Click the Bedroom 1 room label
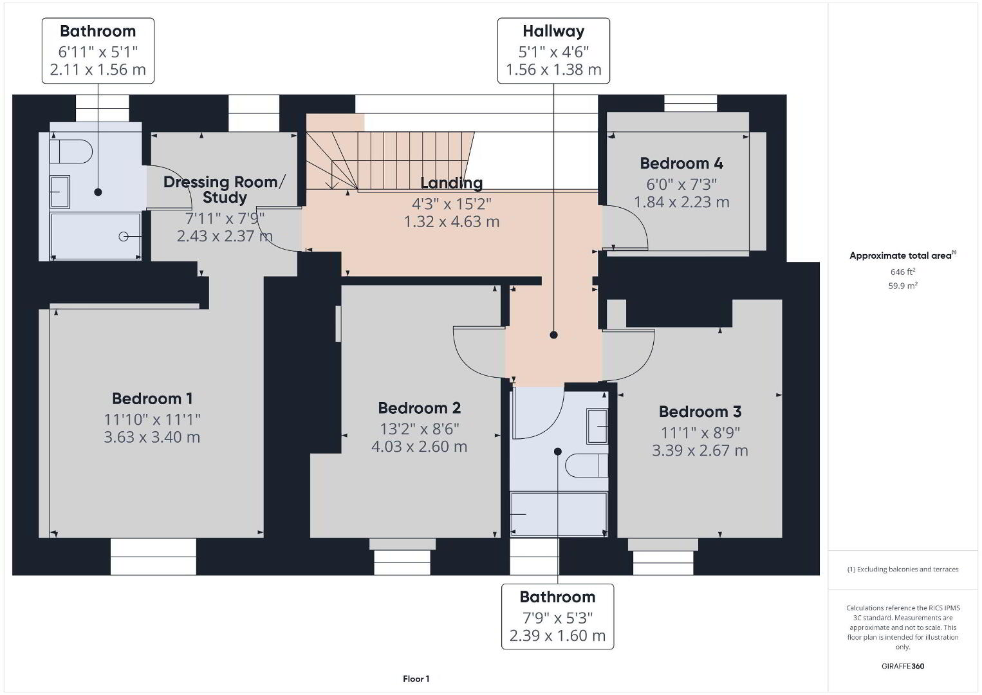pos(152,398)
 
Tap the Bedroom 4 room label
pos(681,163)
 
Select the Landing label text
pos(452,183)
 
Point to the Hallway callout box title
pos(553,31)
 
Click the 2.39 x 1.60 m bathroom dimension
pos(557,635)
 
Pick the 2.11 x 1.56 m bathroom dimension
pos(98,69)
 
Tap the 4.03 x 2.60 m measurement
pos(419,447)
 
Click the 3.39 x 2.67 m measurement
pos(699,450)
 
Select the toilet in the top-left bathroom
pos(71,152)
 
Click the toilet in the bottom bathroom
pos(587,465)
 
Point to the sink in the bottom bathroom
pos(597,426)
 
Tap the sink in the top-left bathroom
pos(60,192)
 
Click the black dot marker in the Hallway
pos(553,335)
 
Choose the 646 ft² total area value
pos(903,272)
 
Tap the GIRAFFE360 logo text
pos(903,666)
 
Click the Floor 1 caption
pos(416,679)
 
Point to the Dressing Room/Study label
pos(225,189)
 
